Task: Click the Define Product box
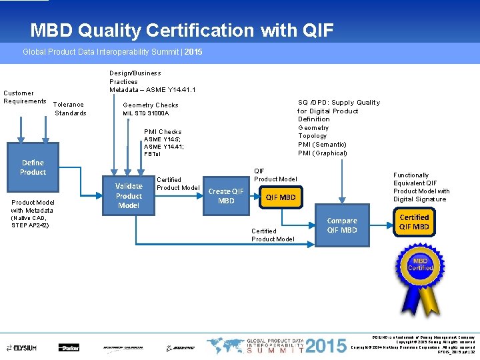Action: [33, 167]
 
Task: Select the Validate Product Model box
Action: [129, 196]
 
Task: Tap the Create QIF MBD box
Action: [227, 196]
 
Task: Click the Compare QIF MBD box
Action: [342, 225]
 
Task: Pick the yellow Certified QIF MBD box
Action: [414, 222]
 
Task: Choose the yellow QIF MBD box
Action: [281, 197]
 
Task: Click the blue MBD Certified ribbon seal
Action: [420, 267]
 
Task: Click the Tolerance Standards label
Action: [69, 109]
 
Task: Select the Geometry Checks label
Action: [151, 105]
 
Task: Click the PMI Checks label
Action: [163, 132]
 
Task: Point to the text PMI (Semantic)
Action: [322, 145]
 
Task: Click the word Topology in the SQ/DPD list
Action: [313, 136]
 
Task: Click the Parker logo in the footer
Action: [68, 347]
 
